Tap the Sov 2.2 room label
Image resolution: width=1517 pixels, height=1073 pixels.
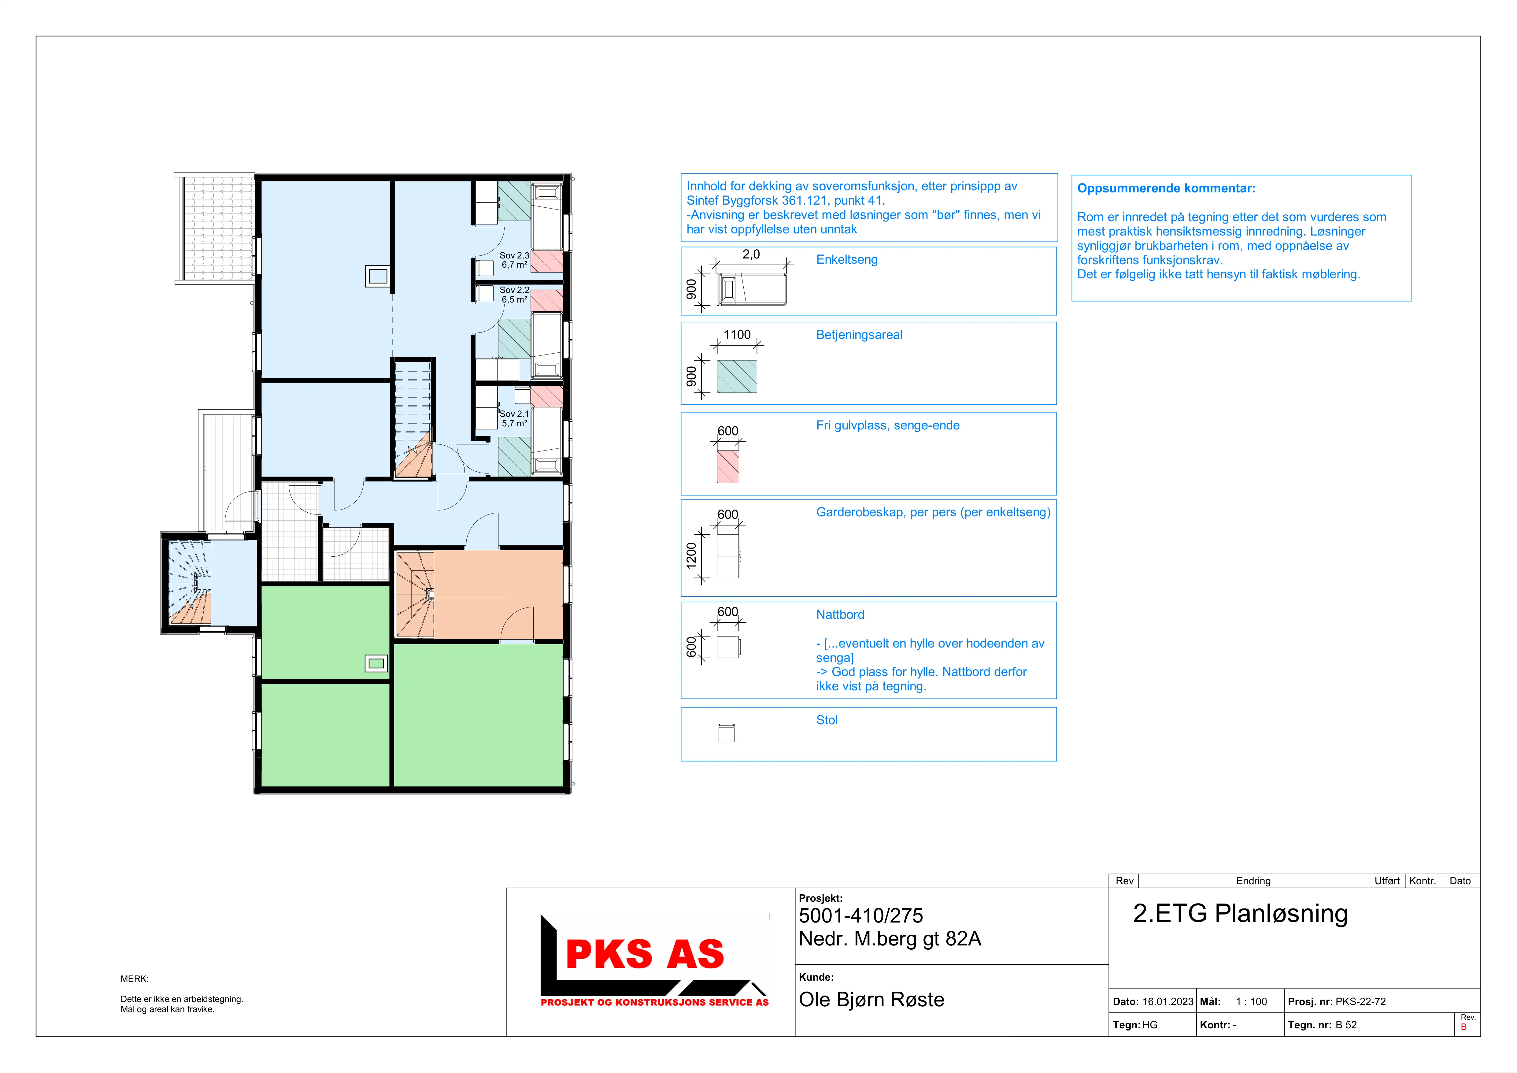pos(514,290)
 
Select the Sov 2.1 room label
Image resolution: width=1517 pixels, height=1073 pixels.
pos(514,414)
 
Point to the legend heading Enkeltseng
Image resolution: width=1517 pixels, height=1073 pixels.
pos(847,260)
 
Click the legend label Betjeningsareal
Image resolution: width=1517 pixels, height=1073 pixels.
pos(859,335)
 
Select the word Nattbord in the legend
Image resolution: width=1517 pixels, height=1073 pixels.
pos(840,614)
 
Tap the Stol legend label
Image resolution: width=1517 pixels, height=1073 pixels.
pos(827,720)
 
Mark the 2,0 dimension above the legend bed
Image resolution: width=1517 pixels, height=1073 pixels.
pos(751,254)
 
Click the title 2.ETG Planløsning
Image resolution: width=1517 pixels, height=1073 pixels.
pos(1240,914)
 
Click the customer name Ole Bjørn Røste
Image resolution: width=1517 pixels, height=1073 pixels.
pos(871,1000)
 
